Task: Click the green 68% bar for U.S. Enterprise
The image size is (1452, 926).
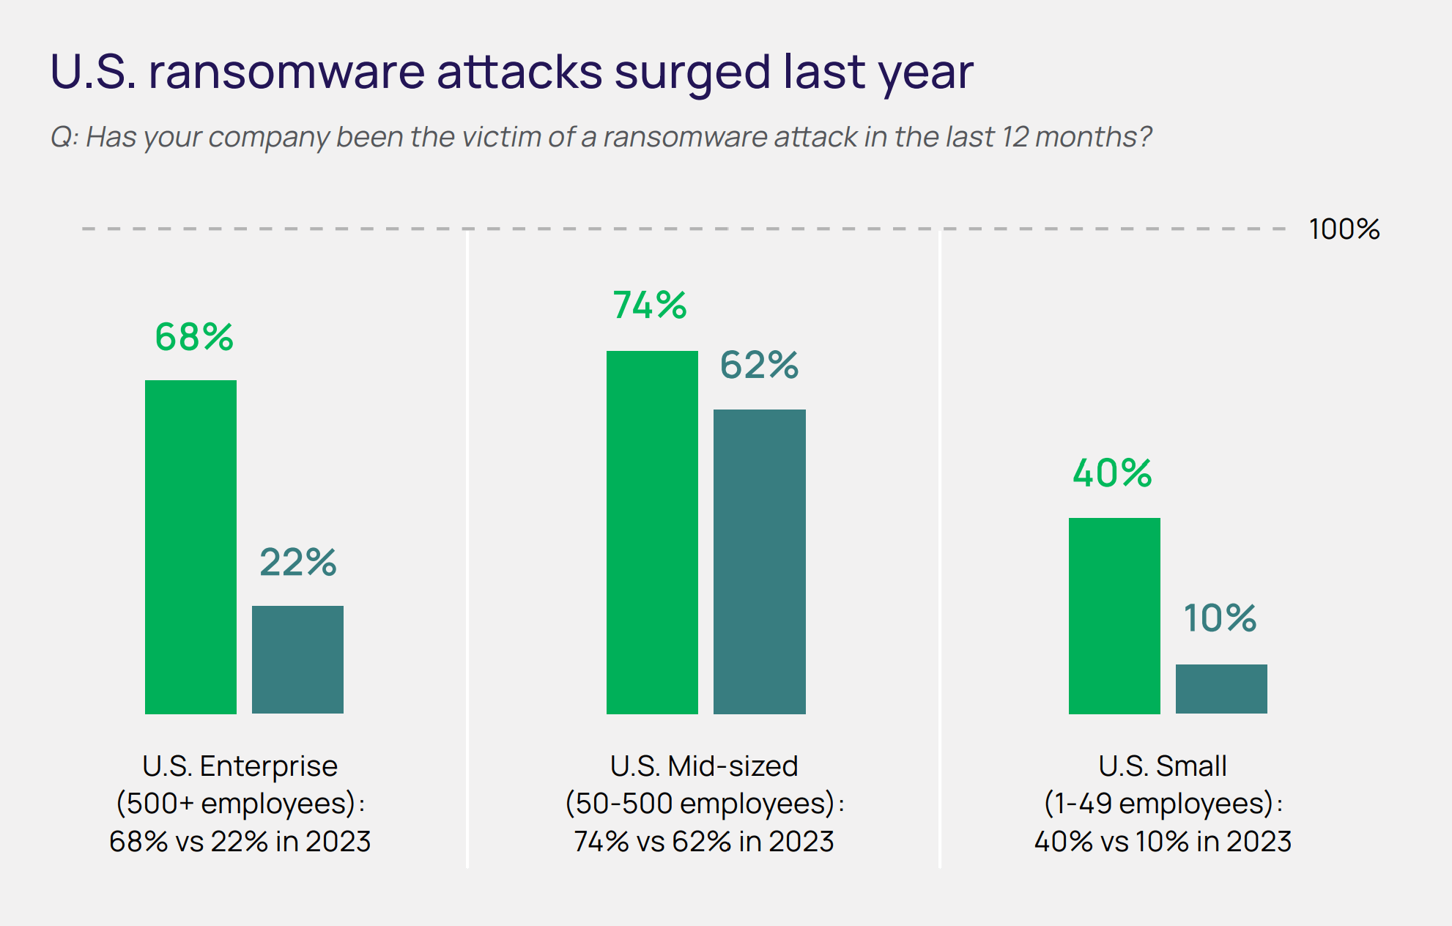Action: [x=190, y=547]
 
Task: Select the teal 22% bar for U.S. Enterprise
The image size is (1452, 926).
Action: [x=297, y=659]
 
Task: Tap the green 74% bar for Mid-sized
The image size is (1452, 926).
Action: [x=652, y=532]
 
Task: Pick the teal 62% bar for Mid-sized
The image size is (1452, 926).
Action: [x=759, y=561]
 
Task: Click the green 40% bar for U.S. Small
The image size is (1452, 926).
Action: [x=1114, y=615]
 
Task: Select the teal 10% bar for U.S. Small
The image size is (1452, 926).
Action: [x=1221, y=689]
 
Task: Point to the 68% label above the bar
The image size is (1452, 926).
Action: [x=194, y=337]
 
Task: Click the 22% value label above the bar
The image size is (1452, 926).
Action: [x=298, y=563]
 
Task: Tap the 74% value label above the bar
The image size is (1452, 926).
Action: [x=650, y=305]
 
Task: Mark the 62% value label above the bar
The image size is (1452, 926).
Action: [x=759, y=365]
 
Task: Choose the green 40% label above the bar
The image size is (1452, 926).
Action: [x=1112, y=473]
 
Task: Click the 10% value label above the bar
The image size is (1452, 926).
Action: [x=1220, y=618]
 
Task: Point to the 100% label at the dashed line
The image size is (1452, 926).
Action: [x=1344, y=229]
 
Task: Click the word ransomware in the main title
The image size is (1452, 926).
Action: [x=286, y=72]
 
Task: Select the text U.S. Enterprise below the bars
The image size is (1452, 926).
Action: [x=240, y=766]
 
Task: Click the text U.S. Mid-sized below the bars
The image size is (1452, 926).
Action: [x=703, y=766]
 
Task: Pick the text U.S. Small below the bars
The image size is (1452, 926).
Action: [x=1162, y=766]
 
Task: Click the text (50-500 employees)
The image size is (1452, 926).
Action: [x=700, y=804]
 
